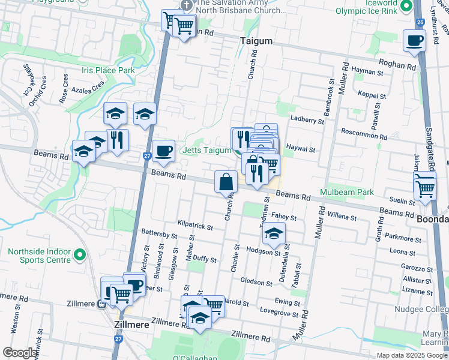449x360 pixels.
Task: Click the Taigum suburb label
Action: (x=256, y=41)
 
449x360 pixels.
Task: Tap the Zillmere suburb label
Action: (x=131, y=323)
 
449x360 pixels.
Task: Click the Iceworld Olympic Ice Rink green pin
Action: (x=406, y=7)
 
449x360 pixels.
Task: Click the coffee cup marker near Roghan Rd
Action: (x=414, y=41)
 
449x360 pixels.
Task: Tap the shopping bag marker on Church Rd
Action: (x=225, y=182)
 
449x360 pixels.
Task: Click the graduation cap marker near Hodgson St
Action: (x=274, y=233)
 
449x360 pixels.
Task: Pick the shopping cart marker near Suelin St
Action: (x=425, y=188)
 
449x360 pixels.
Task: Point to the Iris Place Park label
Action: (x=108, y=70)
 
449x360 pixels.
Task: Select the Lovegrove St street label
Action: (x=279, y=313)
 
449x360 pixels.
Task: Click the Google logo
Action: (x=20, y=353)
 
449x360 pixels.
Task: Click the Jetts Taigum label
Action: (x=207, y=150)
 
